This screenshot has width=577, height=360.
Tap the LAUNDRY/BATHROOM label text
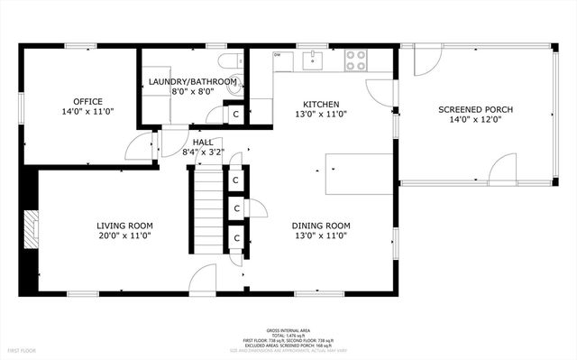(193, 81)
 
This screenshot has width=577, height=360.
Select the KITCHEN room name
(320, 103)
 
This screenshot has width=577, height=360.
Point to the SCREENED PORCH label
(475, 109)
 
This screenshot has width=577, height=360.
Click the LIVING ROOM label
(124, 226)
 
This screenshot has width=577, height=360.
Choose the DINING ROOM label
(320, 226)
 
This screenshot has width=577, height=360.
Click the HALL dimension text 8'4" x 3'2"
(202, 153)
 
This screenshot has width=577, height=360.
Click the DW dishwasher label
(278, 55)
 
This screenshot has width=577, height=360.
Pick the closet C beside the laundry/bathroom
(236, 115)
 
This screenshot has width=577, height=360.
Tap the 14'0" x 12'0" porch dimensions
(475, 121)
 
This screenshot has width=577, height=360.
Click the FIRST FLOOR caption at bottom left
(23, 349)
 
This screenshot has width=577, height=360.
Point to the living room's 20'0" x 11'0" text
(124, 236)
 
